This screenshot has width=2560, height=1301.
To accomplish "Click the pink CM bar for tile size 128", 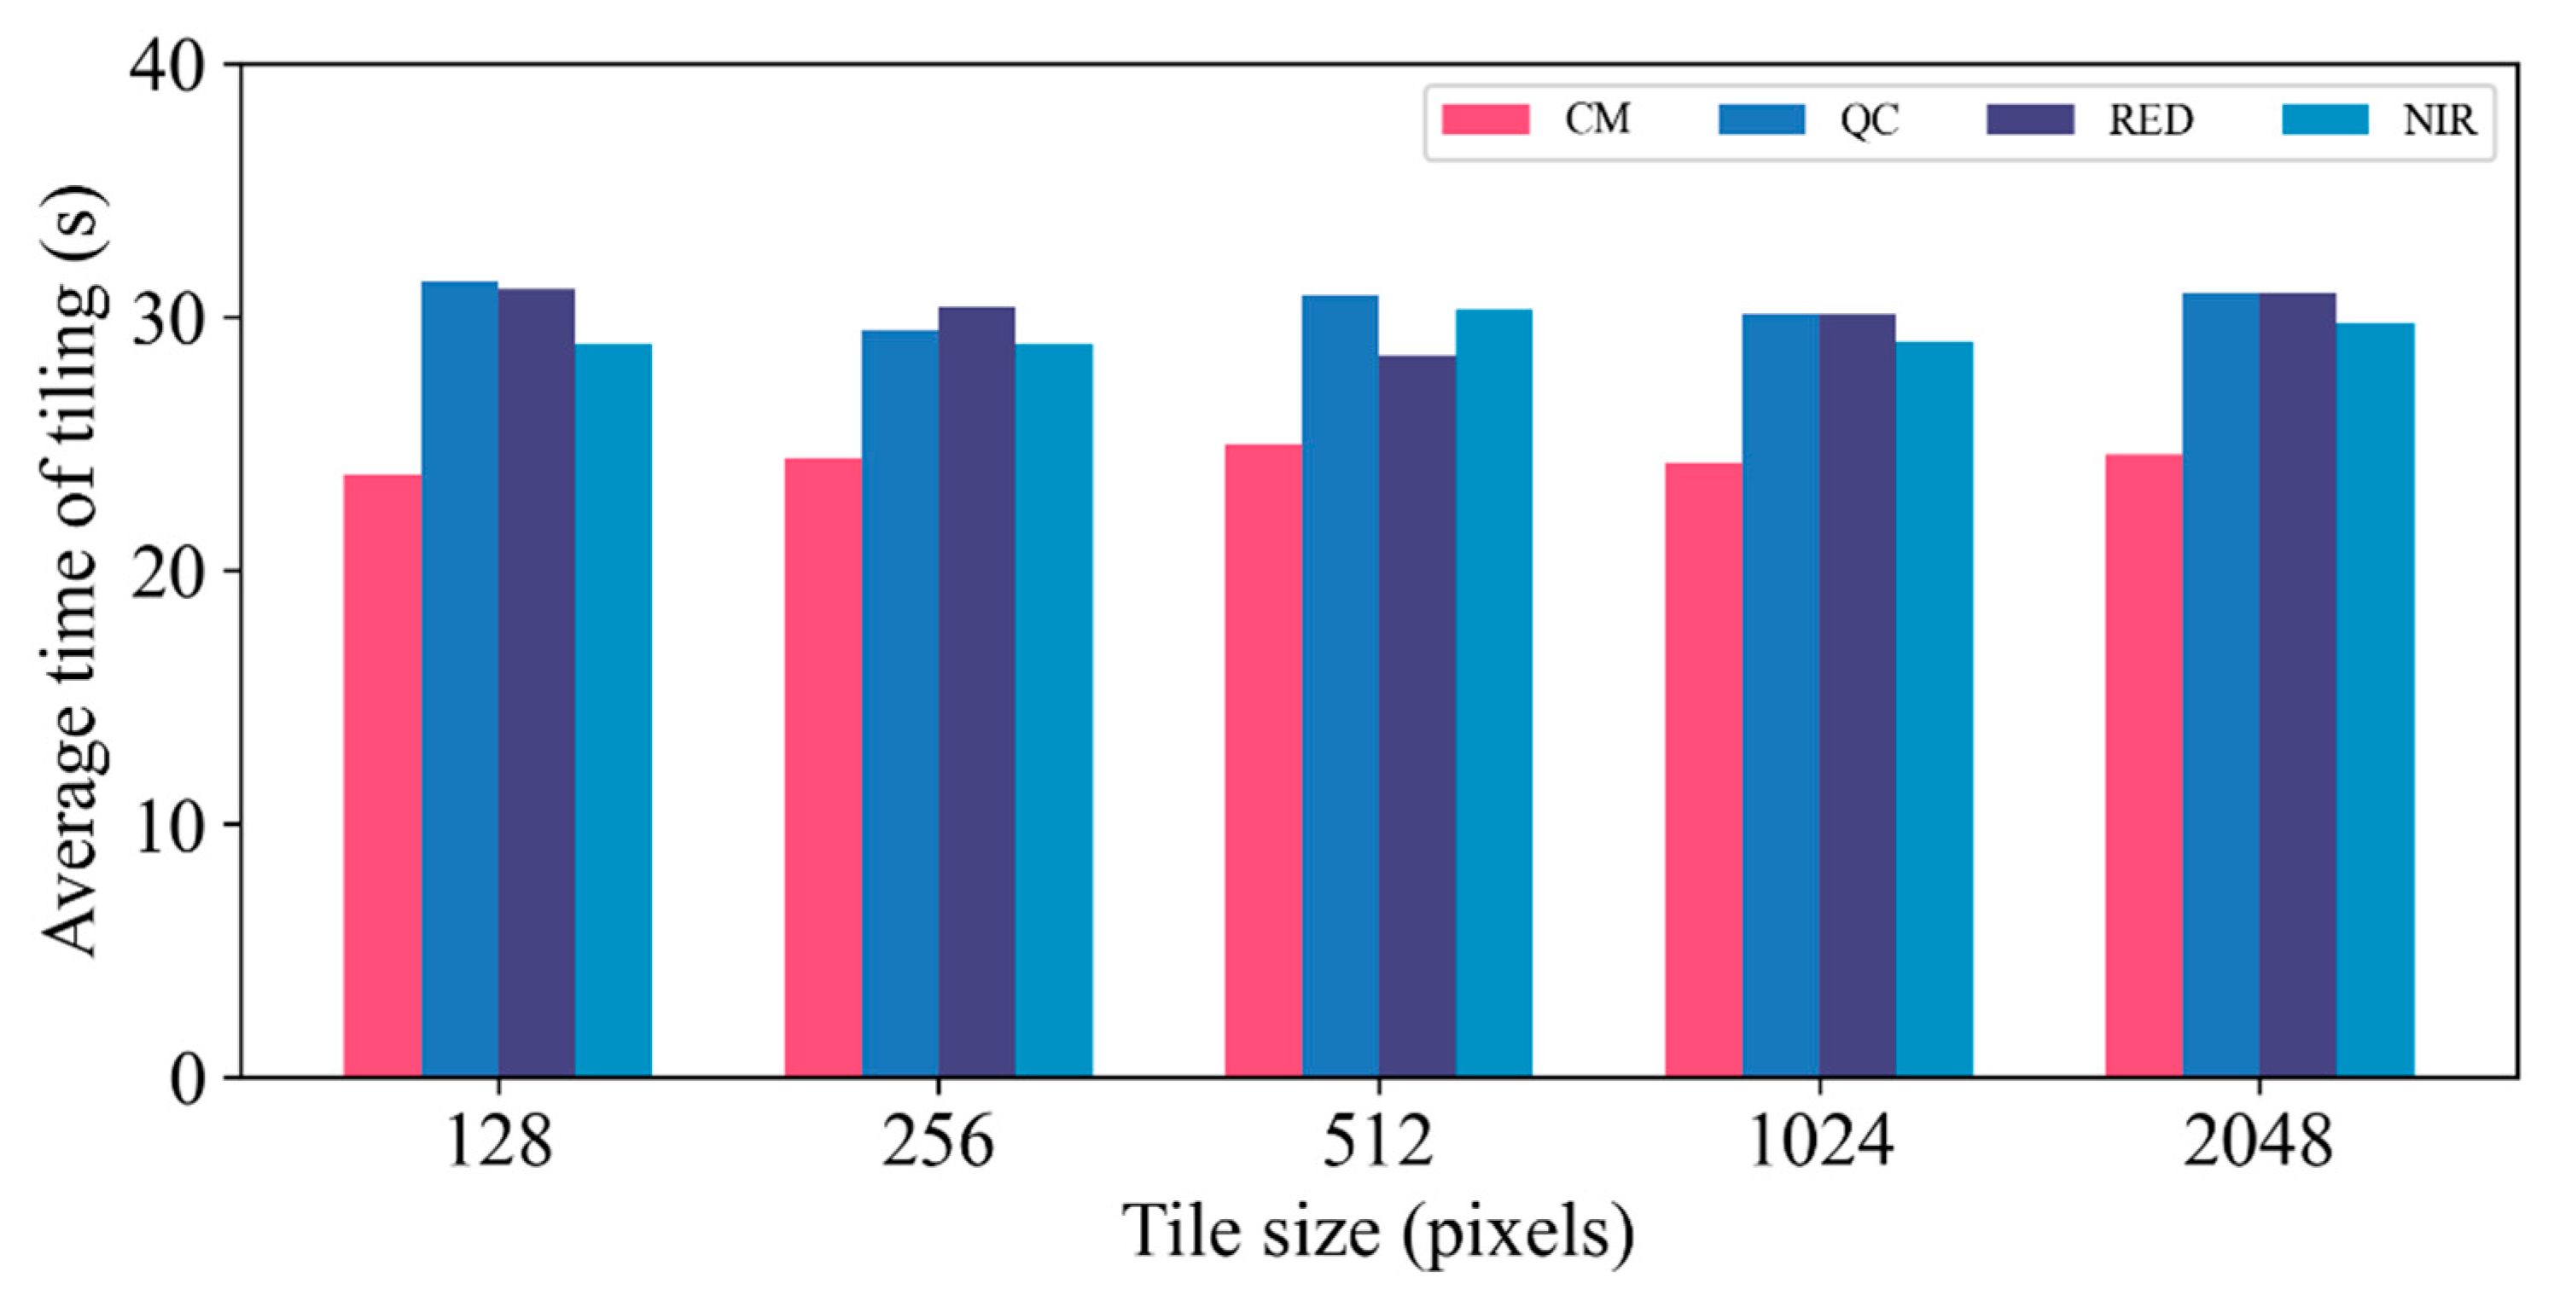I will coord(382,775).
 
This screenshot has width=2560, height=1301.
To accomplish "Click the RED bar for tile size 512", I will coord(1417,716).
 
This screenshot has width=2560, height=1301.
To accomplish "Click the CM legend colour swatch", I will coord(1486,119).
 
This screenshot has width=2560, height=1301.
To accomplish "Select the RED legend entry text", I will coord(2150,120).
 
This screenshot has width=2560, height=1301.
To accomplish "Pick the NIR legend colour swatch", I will coord(2325,119).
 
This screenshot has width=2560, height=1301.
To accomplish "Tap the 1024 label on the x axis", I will coord(1819,1143).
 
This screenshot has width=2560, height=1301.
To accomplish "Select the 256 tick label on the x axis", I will coord(937,1143).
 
